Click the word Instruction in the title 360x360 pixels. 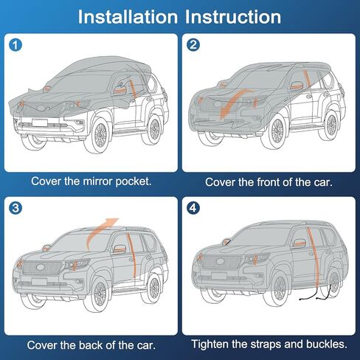[x=235, y=15]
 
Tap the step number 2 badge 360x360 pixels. [x=194, y=45]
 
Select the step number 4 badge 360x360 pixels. [x=194, y=209]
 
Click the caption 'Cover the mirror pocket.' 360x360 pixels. [x=91, y=181]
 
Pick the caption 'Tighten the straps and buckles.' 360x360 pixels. [x=269, y=344]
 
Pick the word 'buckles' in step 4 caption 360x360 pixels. [x=322, y=344]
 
